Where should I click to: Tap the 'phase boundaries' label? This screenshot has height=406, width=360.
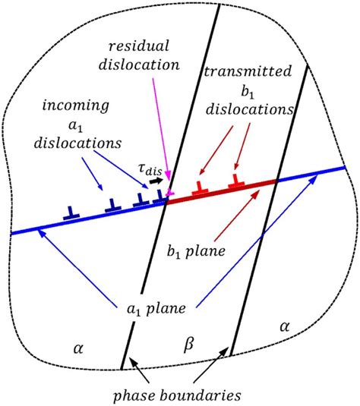[x=183, y=395]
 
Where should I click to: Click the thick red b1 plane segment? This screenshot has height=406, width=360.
[x=220, y=189]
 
